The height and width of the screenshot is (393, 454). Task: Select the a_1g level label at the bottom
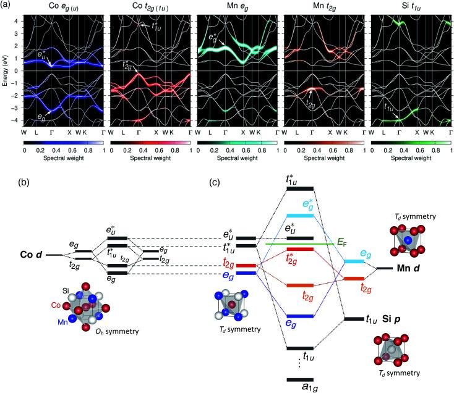(x=301, y=386)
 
